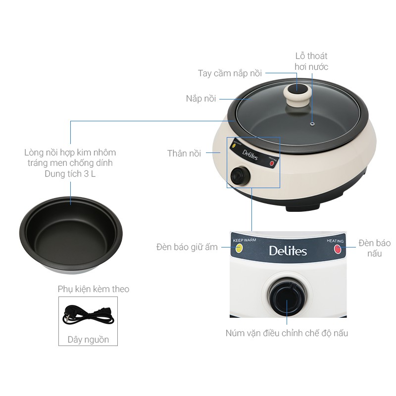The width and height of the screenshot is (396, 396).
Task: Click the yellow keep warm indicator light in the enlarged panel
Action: (239, 248)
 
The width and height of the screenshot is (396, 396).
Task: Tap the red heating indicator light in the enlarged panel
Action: (338, 249)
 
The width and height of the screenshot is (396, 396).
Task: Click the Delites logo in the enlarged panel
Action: (288, 250)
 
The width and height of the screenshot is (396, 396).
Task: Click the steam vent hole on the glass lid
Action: (313, 123)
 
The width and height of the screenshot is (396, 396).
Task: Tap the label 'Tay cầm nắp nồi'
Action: (230, 73)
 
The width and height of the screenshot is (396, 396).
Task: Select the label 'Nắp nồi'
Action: (201, 99)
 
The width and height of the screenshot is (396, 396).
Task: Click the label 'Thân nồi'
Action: (184, 153)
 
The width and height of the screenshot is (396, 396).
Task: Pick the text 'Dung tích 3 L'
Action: (70, 174)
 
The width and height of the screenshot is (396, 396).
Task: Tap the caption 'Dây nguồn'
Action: (88, 340)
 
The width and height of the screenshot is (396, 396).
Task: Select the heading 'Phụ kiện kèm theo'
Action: (94, 289)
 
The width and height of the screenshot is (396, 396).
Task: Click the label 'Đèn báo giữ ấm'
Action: (187, 247)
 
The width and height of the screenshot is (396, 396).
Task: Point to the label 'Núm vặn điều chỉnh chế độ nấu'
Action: (287, 333)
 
